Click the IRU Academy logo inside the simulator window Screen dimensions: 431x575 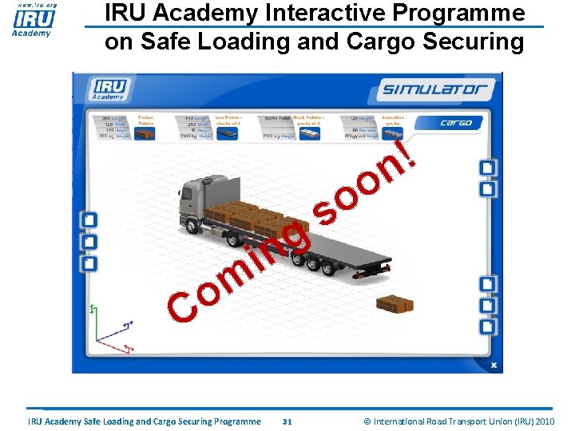109,89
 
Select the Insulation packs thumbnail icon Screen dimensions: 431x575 392,133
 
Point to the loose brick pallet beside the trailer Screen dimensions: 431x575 395,303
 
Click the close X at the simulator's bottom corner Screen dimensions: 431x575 494,365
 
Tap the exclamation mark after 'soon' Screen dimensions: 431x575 410,153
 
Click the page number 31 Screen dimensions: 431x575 287,421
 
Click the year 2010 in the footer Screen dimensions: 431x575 545,421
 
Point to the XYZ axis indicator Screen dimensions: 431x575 112,327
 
